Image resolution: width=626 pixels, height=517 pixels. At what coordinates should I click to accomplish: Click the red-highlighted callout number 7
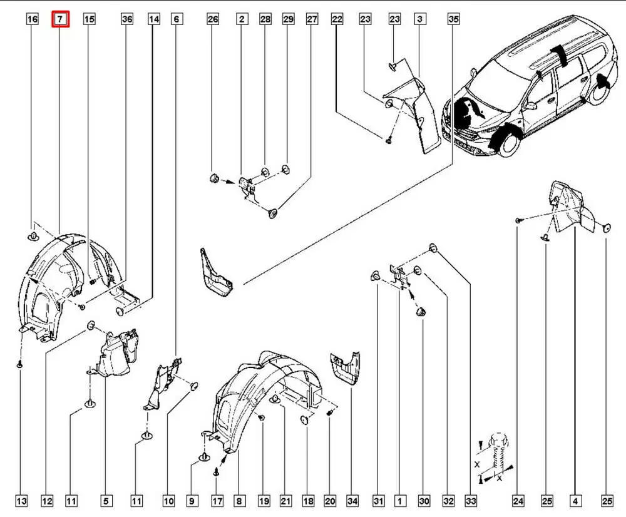[x=60, y=20]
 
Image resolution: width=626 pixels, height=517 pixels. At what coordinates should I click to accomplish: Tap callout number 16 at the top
[x=33, y=20]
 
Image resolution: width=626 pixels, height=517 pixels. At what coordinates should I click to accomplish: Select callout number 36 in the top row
[x=127, y=20]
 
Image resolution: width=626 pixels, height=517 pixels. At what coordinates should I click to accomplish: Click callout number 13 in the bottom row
[x=21, y=501]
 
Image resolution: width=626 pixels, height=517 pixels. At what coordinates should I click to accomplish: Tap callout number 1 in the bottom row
[x=399, y=501]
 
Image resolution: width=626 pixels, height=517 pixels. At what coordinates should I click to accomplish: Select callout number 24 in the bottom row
[x=518, y=501]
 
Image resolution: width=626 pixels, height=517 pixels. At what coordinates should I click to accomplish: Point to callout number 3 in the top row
[x=419, y=20]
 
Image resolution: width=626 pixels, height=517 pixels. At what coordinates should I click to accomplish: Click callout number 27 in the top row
[x=312, y=20]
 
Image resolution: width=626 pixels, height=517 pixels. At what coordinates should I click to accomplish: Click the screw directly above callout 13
[x=21, y=363]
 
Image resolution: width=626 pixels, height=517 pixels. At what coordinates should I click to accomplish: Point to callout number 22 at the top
[x=337, y=20]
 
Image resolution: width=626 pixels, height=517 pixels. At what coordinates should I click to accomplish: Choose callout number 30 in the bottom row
[x=424, y=501]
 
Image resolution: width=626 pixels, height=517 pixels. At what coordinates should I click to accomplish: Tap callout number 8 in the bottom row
[x=239, y=501]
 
